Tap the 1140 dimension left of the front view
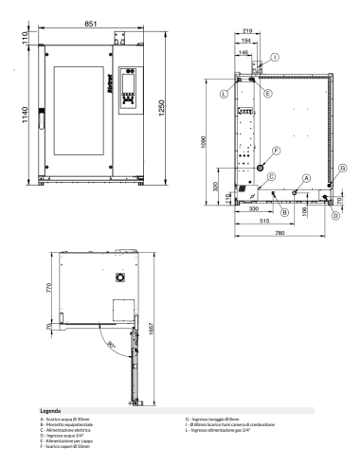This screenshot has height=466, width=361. click(x=10, y=112)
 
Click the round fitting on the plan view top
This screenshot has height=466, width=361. click(x=120, y=277)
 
